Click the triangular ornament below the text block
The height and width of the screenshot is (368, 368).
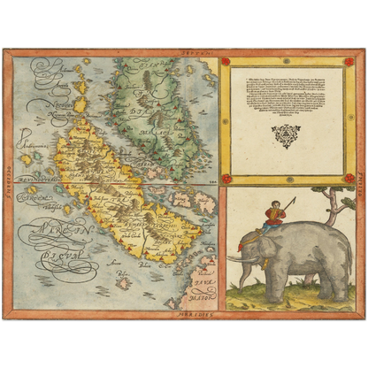[x=285, y=134]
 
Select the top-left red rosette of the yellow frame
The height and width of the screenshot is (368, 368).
[x=225, y=62]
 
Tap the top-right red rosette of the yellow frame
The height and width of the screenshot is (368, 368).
[x=349, y=62]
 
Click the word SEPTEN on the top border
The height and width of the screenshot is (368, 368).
[x=184, y=55]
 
